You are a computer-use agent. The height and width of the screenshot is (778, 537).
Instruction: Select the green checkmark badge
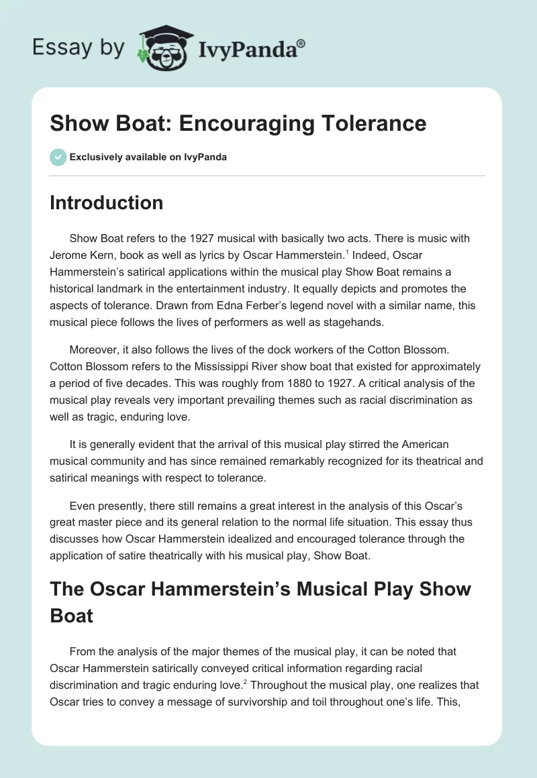pyautogui.click(x=58, y=157)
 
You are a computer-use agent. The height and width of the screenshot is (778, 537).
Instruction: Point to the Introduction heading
pyautogui.click(x=106, y=203)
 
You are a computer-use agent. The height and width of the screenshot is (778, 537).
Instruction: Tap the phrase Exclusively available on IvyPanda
pyautogui.click(x=148, y=157)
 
